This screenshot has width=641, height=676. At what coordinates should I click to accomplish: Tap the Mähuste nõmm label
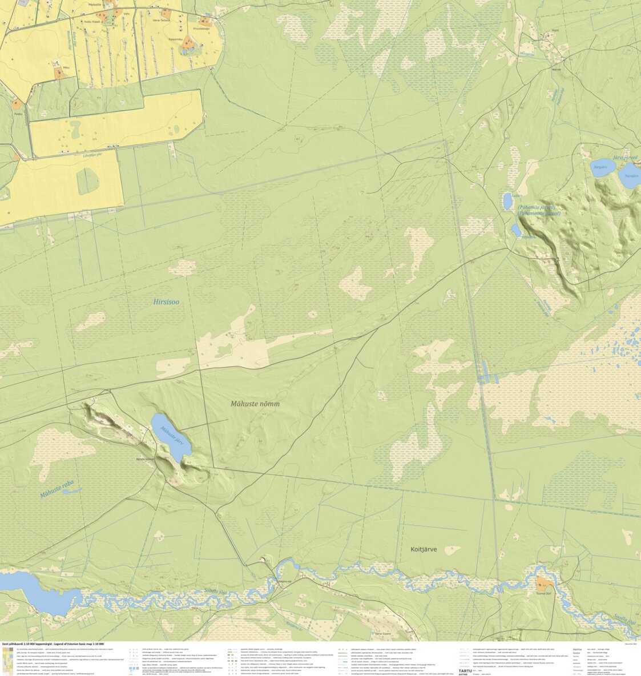click(x=255, y=404)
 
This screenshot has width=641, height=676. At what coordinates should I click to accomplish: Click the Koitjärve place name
click(x=424, y=549)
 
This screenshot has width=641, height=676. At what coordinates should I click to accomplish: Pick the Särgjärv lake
click(x=602, y=166)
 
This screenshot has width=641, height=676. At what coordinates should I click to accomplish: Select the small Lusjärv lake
click(x=507, y=200)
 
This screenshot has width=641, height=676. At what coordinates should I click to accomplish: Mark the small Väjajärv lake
click(x=516, y=230)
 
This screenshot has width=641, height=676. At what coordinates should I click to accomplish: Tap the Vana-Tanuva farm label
click(x=163, y=21)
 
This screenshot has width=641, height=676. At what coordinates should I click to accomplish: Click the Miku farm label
click(x=66, y=67)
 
